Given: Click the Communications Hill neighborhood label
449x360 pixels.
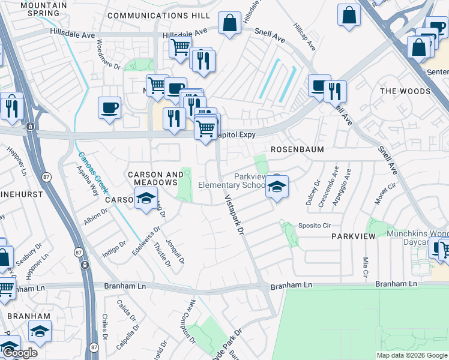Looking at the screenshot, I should pyautogui.click(x=159, y=15).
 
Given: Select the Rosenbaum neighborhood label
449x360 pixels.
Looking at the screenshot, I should pyautogui.click(x=297, y=149).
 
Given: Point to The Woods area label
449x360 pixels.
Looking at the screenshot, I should pyautogui.click(x=405, y=91).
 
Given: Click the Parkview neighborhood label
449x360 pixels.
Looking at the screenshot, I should pyautogui.click(x=354, y=236).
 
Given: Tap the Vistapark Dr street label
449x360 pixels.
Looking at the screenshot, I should pyautogui.click(x=235, y=214).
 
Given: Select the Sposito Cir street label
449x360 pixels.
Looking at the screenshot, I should pyautogui.click(x=315, y=226).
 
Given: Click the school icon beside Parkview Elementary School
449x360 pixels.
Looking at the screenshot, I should pyautogui.click(x=277, y=185).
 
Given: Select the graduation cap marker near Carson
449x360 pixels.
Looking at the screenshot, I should pyautogui.click(x=145, y=198).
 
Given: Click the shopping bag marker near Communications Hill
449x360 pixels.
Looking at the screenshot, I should pyautogui.click(x=229, y=23).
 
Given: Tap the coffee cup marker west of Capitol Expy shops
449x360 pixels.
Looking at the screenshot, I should pyautogui.click(x=109, y=108).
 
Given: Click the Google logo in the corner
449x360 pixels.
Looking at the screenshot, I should pyautogui.click(x=19, y=353).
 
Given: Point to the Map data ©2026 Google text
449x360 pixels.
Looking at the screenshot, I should pyautogui.click(x=411, y=355).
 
